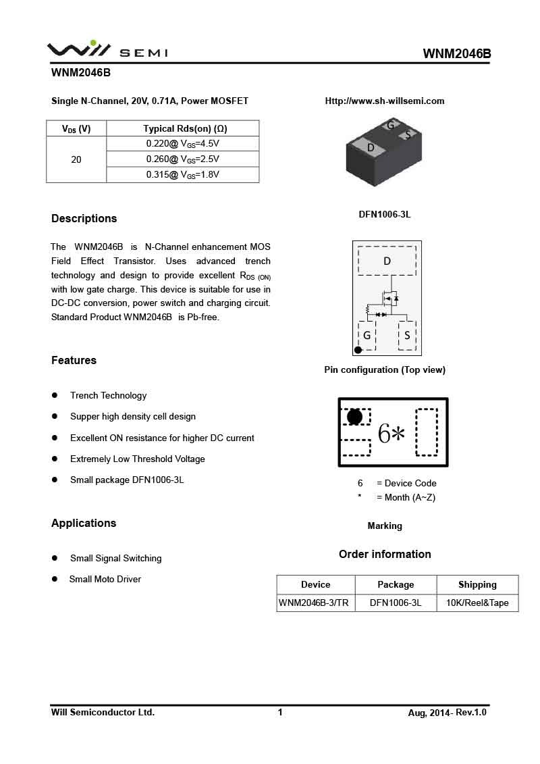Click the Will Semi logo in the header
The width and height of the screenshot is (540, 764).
(x=107, y=50)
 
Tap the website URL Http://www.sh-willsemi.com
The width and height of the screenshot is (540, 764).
(x=385, y=101)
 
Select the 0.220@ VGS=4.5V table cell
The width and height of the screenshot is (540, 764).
(x=183, y=144)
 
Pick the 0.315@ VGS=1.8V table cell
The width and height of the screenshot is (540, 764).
(x=183, y=175)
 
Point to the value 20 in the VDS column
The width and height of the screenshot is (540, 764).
(x=76, y=159)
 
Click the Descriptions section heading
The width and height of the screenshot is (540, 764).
(x=84, y=218)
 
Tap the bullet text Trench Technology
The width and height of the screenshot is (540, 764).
(x=108, y=396)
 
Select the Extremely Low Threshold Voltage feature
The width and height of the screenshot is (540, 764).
(x=137, y=459)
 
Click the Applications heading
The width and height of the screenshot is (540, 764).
(x=84, y=524)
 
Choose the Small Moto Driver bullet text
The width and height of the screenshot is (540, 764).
(x=105, y=580)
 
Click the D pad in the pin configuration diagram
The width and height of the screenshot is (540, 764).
(x=387, y=261)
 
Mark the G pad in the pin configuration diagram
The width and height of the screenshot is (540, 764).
(x=367, y=335)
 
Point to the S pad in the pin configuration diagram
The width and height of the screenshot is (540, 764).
(x=407, y=335)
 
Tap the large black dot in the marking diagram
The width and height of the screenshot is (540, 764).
(x=354, y=417)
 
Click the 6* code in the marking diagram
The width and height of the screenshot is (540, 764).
(x=391, y=434)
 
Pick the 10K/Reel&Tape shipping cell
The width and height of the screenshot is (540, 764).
(x=477, y=603)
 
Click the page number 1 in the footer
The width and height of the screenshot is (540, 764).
(x=280, y=712)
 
